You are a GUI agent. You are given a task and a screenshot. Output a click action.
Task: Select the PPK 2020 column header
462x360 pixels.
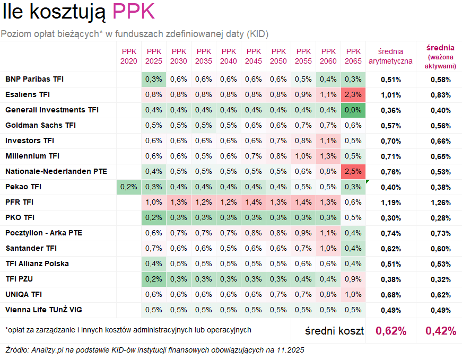pos(129,56)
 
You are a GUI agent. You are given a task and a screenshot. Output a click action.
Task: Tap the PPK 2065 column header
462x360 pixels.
pos(353,56)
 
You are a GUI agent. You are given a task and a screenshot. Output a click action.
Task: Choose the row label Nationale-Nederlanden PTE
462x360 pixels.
pos(56,172)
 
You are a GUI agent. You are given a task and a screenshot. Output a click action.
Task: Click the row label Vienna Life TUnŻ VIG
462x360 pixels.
pos(43,310)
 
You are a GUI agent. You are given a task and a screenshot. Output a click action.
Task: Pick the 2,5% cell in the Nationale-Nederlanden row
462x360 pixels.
pos(353,172)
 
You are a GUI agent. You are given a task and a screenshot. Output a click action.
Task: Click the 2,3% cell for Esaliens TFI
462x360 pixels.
pos(353,95)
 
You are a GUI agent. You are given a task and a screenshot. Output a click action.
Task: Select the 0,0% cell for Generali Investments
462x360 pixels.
pos(353,110)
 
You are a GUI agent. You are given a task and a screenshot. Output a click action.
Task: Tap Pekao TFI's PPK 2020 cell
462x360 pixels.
pos(129,187)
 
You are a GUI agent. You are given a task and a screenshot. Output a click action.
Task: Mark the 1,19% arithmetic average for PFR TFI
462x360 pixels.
pos(390,203)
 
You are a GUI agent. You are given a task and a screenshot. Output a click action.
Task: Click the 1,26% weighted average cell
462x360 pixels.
pos(440,203)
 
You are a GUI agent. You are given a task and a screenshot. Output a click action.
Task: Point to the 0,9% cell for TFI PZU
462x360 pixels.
pos(353,279)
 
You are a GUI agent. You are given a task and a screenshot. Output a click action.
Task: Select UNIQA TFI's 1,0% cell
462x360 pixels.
pos(353,295)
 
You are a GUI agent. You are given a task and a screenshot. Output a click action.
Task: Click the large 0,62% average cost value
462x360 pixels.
pos(391,331)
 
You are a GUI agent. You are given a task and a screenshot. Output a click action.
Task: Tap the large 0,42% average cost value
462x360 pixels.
pos(440,331)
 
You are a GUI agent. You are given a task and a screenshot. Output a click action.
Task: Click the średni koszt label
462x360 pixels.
pos(334,331)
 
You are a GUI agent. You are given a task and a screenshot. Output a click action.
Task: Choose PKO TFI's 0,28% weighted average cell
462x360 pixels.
pos(440,218)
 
